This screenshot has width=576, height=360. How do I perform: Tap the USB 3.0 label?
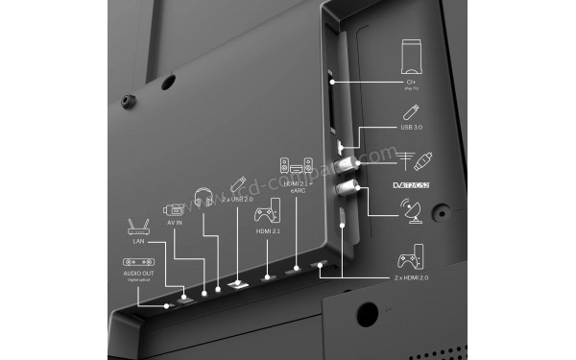412,126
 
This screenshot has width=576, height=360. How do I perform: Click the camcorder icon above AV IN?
173,209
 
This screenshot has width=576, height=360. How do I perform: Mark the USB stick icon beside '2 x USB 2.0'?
237,184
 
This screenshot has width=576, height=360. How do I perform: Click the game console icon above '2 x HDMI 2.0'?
409,255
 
